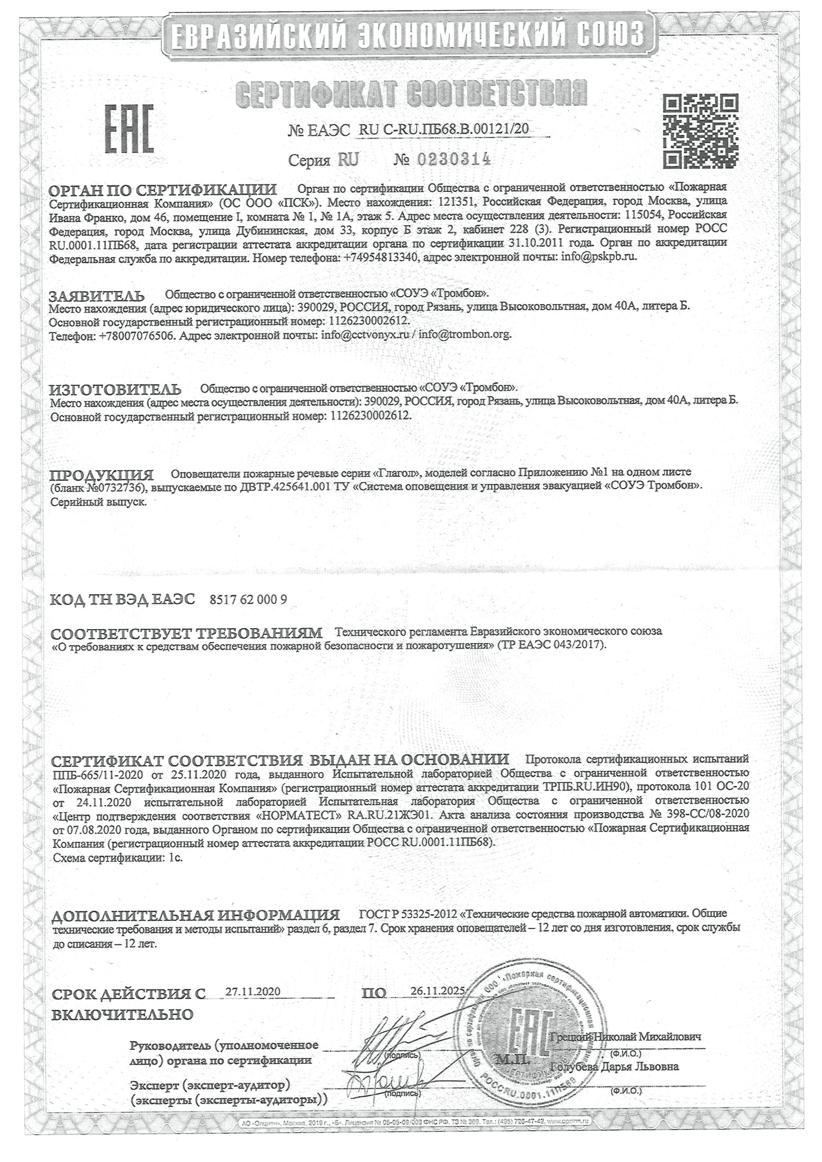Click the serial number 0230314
pos(454,160)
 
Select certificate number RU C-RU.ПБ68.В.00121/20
pos(443,130)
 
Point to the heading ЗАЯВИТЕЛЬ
pos(96,296)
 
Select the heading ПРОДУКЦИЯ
pos(101,475)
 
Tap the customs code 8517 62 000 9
pos(248,600)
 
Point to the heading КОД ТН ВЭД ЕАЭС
pos(122,600)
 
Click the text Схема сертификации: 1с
pos(117,858)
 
